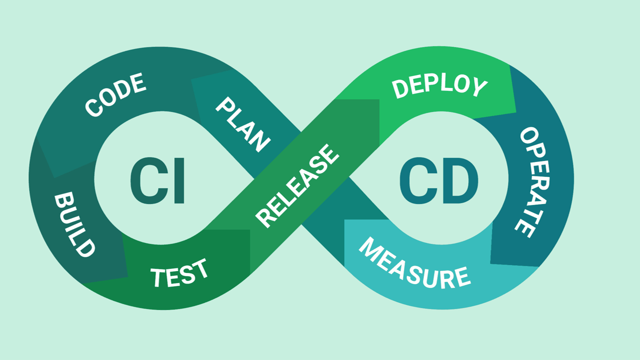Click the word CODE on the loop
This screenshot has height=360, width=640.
pos(115,95)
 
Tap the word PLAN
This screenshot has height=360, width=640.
pos(243,125)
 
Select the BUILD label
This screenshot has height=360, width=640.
pos(74,224)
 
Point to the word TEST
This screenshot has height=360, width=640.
pos(179,273)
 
